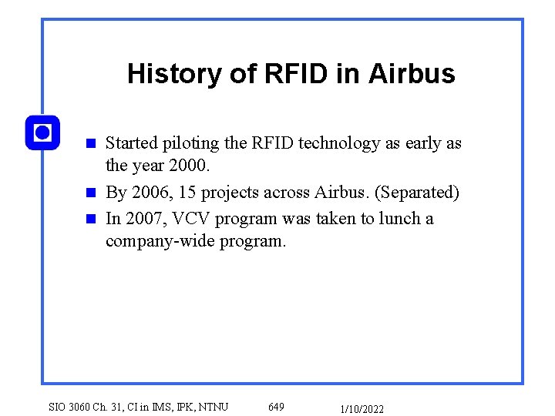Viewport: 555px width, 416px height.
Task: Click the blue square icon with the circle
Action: tap(42, 133)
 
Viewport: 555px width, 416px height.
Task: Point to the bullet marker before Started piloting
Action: tap(90, 143)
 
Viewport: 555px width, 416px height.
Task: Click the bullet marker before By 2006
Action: tap(90, 193)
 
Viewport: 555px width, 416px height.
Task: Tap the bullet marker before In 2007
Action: tap(90, 218)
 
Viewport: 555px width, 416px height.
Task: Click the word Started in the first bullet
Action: tap(131, 143)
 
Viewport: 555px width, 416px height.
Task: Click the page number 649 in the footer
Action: tap(276, 406)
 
